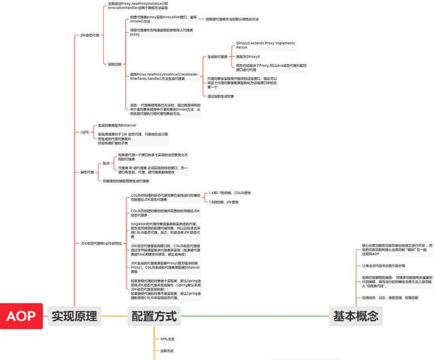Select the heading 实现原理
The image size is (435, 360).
click(75, 316)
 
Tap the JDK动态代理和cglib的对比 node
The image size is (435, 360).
click(100, 243)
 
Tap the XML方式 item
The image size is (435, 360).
click(167, 338)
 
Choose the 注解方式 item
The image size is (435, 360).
click(166, 350)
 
